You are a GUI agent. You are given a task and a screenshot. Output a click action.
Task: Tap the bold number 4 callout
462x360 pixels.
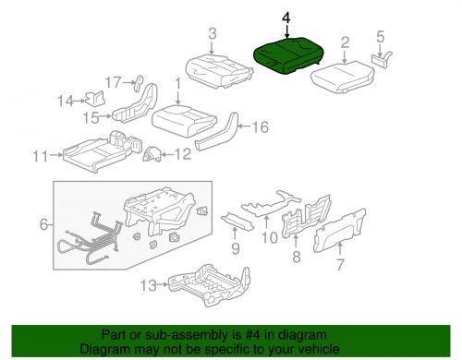[x=286, y=18]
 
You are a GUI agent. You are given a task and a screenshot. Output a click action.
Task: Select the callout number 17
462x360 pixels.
[x=114, y=82]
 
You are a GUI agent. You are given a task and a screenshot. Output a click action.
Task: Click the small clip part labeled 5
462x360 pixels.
[x=382, y=58]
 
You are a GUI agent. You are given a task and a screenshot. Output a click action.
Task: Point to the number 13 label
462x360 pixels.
[x=149, y=285]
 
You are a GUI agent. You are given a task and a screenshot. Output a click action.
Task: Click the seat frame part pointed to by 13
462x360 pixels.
[x=209, y=285]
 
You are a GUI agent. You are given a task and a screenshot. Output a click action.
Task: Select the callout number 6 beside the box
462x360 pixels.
[x=44, y=224]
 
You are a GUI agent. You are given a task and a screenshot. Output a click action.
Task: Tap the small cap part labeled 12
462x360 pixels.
[x=152, y=154]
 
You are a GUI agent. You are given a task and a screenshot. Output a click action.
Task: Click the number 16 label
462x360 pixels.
[x=261, y=126]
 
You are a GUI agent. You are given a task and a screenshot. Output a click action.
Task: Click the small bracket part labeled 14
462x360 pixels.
[x=95, y=99]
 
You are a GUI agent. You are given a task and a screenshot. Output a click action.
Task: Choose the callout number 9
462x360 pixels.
[x=236, y=248]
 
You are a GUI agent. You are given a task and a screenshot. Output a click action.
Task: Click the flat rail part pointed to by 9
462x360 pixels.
[x=237, y=222]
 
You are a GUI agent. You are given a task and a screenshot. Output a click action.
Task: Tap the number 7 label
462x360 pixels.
[x=340, y=265]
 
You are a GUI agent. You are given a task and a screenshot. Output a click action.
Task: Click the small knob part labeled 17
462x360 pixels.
[x=139, y=83]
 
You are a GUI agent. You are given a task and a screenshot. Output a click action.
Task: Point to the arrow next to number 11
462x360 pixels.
[x=55, y=155]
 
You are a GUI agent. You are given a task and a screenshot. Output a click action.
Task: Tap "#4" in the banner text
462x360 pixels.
[x=249, y=335]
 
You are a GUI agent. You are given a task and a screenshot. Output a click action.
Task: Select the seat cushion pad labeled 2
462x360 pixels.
[x=343, y=77]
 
